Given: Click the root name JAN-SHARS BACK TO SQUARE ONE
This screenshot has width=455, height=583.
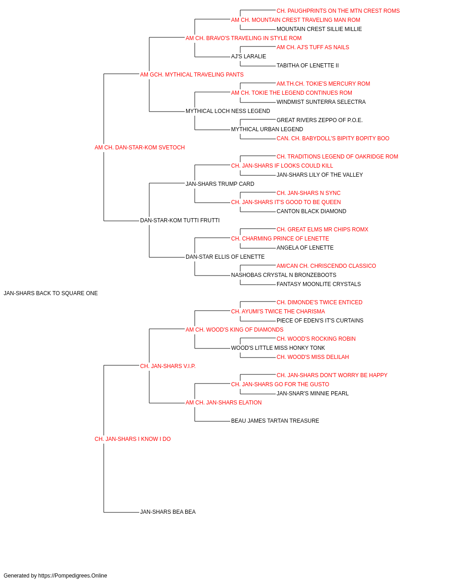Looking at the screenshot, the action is click(x=51, y=293).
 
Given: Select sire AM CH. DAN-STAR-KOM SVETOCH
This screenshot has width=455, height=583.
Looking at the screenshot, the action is click(x=140, y=148).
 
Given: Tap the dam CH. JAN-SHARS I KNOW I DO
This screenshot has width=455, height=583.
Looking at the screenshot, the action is click(x=133, y=439).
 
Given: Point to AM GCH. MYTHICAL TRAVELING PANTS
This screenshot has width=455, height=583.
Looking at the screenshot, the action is click(x=192, y=75).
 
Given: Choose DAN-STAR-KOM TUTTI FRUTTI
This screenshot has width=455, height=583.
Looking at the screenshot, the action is click(x=180, y=220).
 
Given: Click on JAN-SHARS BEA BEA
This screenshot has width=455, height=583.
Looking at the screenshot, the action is click(x=168, y=512).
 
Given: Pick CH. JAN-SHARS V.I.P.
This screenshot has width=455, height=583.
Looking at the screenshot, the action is click(x=168, y=366).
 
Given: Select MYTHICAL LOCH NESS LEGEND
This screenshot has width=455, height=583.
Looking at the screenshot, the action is click(x=228, y=111).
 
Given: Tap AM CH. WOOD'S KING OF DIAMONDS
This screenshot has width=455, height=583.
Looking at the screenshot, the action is click(x=234, y=330).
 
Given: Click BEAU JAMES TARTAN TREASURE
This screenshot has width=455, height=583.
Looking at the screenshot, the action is click(x=275, y=421).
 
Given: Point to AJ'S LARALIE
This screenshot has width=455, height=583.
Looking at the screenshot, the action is click(x=249, y=56).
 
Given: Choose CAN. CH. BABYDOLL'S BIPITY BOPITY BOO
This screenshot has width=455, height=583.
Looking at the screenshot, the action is click(x=333, y=138).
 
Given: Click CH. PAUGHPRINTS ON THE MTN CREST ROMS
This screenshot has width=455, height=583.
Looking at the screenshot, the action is click(x=338, y=11).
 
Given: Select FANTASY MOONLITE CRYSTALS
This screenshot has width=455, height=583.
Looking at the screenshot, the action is click(x=318, y=284).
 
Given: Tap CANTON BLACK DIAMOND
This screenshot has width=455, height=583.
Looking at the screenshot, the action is click(x=311, y=211).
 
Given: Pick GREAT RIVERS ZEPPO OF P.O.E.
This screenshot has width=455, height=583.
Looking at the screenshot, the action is click(x=319, y=120).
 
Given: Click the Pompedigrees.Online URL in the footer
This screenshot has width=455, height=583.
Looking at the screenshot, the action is click(x=73, y=576).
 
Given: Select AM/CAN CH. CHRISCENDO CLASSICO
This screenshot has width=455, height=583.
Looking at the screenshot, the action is click(x=326, y=266).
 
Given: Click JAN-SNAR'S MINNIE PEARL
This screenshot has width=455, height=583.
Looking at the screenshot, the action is click(x=313, y=394).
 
